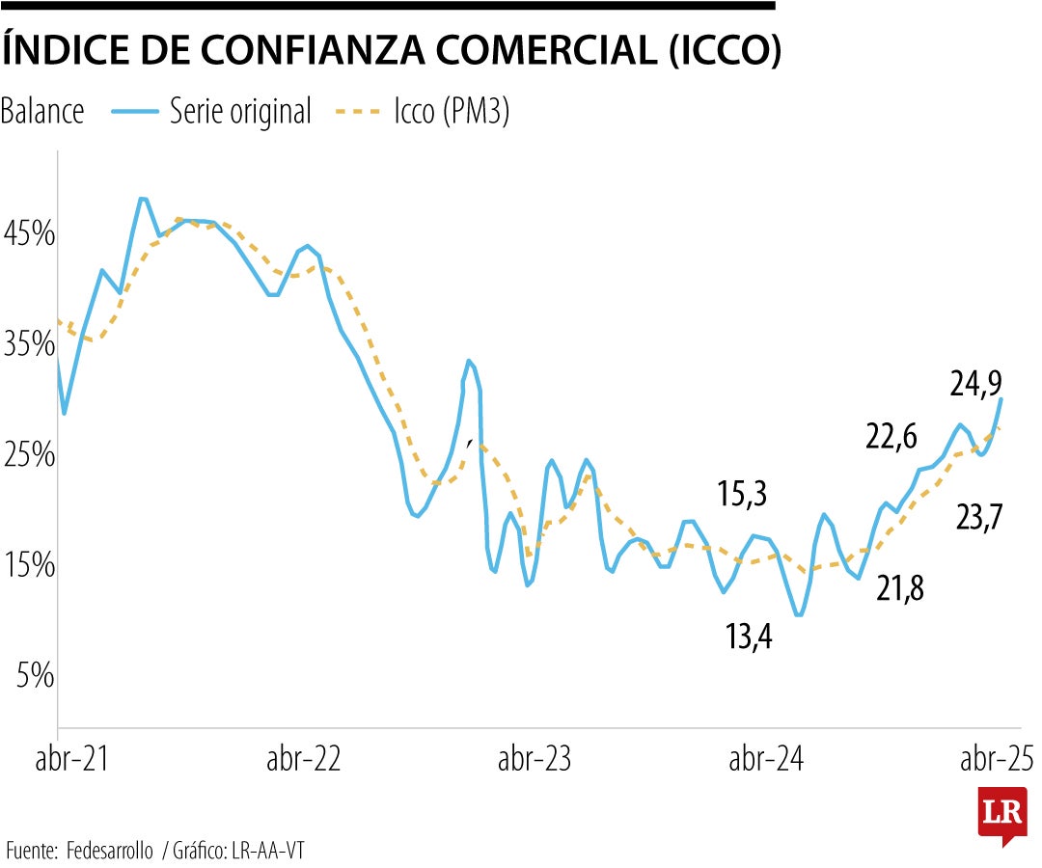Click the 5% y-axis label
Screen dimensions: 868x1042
(33, 676)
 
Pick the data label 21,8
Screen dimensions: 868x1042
(900, 587)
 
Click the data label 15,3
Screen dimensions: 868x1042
(742, 496)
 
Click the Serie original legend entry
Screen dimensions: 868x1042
(240, 112)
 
